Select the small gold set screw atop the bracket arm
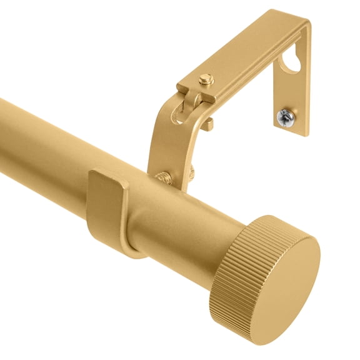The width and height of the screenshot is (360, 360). coord(204,81)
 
